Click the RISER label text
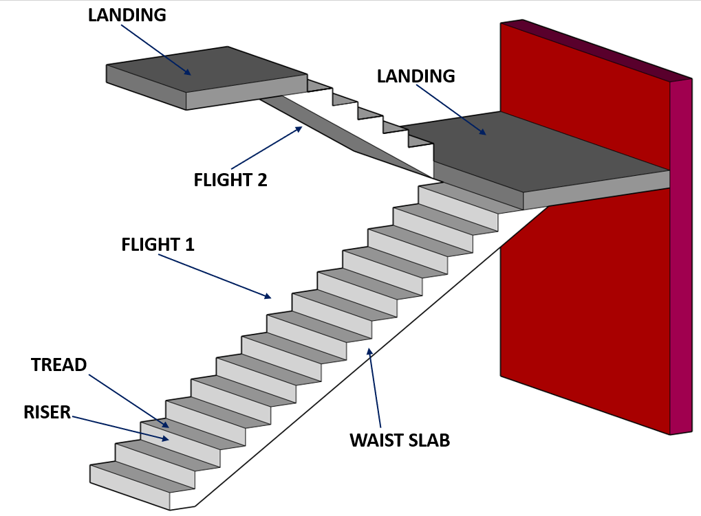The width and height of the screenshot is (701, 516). pyautogui.click(x=47, y=412)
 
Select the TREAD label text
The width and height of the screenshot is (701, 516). pyautogui.click(x=59, y=365)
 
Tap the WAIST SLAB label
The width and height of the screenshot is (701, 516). pyautogui.click(x=399, y=440)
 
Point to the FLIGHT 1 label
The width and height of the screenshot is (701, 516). pyautogui.click(x=158, y=245)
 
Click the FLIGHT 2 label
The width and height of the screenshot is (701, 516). pyautogui.click(x=230, y=180)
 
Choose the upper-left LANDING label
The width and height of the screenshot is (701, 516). pyautogui.click(x=127, y=15)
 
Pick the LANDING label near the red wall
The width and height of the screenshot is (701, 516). pyautogui.click(x=416, y=76)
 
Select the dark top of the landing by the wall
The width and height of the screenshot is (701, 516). pyautogui.click(x=550, y=148)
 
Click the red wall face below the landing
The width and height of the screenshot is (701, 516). pyautogui.click(x=585, y=309)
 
